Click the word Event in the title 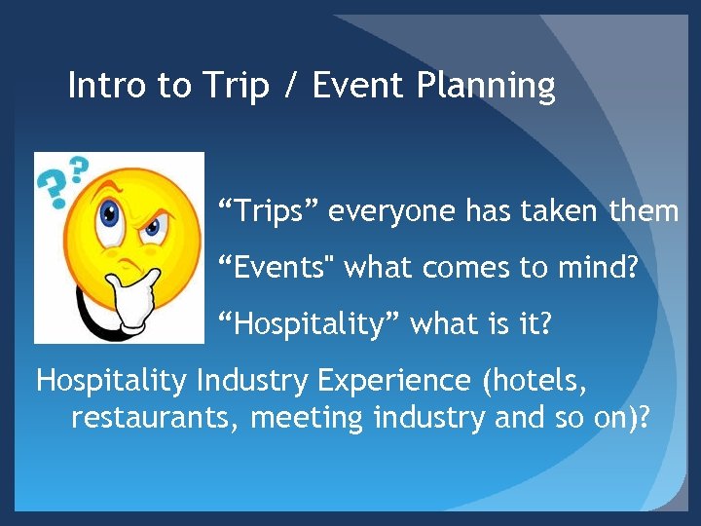357,86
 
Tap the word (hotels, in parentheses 536,380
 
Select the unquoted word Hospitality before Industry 112,380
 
